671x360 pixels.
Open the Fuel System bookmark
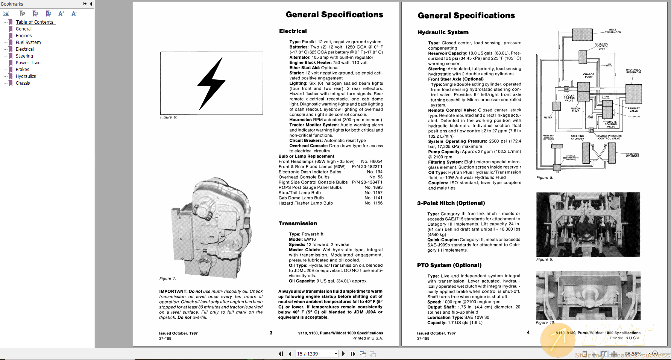click(28, 43)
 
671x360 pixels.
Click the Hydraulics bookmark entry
click(26, 76)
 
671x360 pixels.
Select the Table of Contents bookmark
click(35, 22)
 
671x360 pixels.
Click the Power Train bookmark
click(28, 63)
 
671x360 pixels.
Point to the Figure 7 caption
click(168, 278)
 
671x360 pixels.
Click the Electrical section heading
click(293, 31)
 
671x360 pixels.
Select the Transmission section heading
click(298, 223)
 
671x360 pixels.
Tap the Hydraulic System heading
click(443, 32)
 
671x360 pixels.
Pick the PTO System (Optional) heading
click(449, 265)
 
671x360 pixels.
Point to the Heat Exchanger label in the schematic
click(613, 31)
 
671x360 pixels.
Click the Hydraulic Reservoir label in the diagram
click(633, 71)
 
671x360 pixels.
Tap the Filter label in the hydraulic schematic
click(548, 117)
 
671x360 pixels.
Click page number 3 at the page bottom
click(271, 333)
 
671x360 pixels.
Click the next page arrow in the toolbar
click(343, 354)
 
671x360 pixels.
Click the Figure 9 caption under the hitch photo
click(544, 259)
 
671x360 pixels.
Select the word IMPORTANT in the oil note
click(173, 291)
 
